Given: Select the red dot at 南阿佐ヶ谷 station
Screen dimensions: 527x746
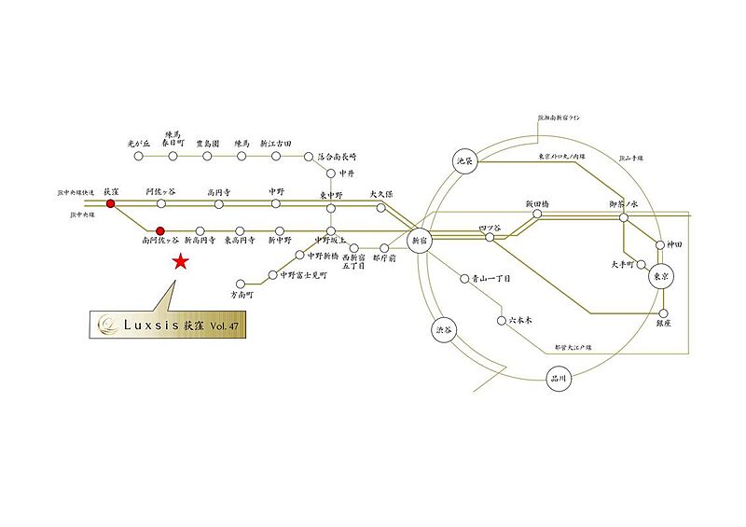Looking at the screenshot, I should (160, 229).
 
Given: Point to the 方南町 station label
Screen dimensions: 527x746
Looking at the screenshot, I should (242, 295).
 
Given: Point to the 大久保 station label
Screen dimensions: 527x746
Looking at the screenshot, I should (380, 193).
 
